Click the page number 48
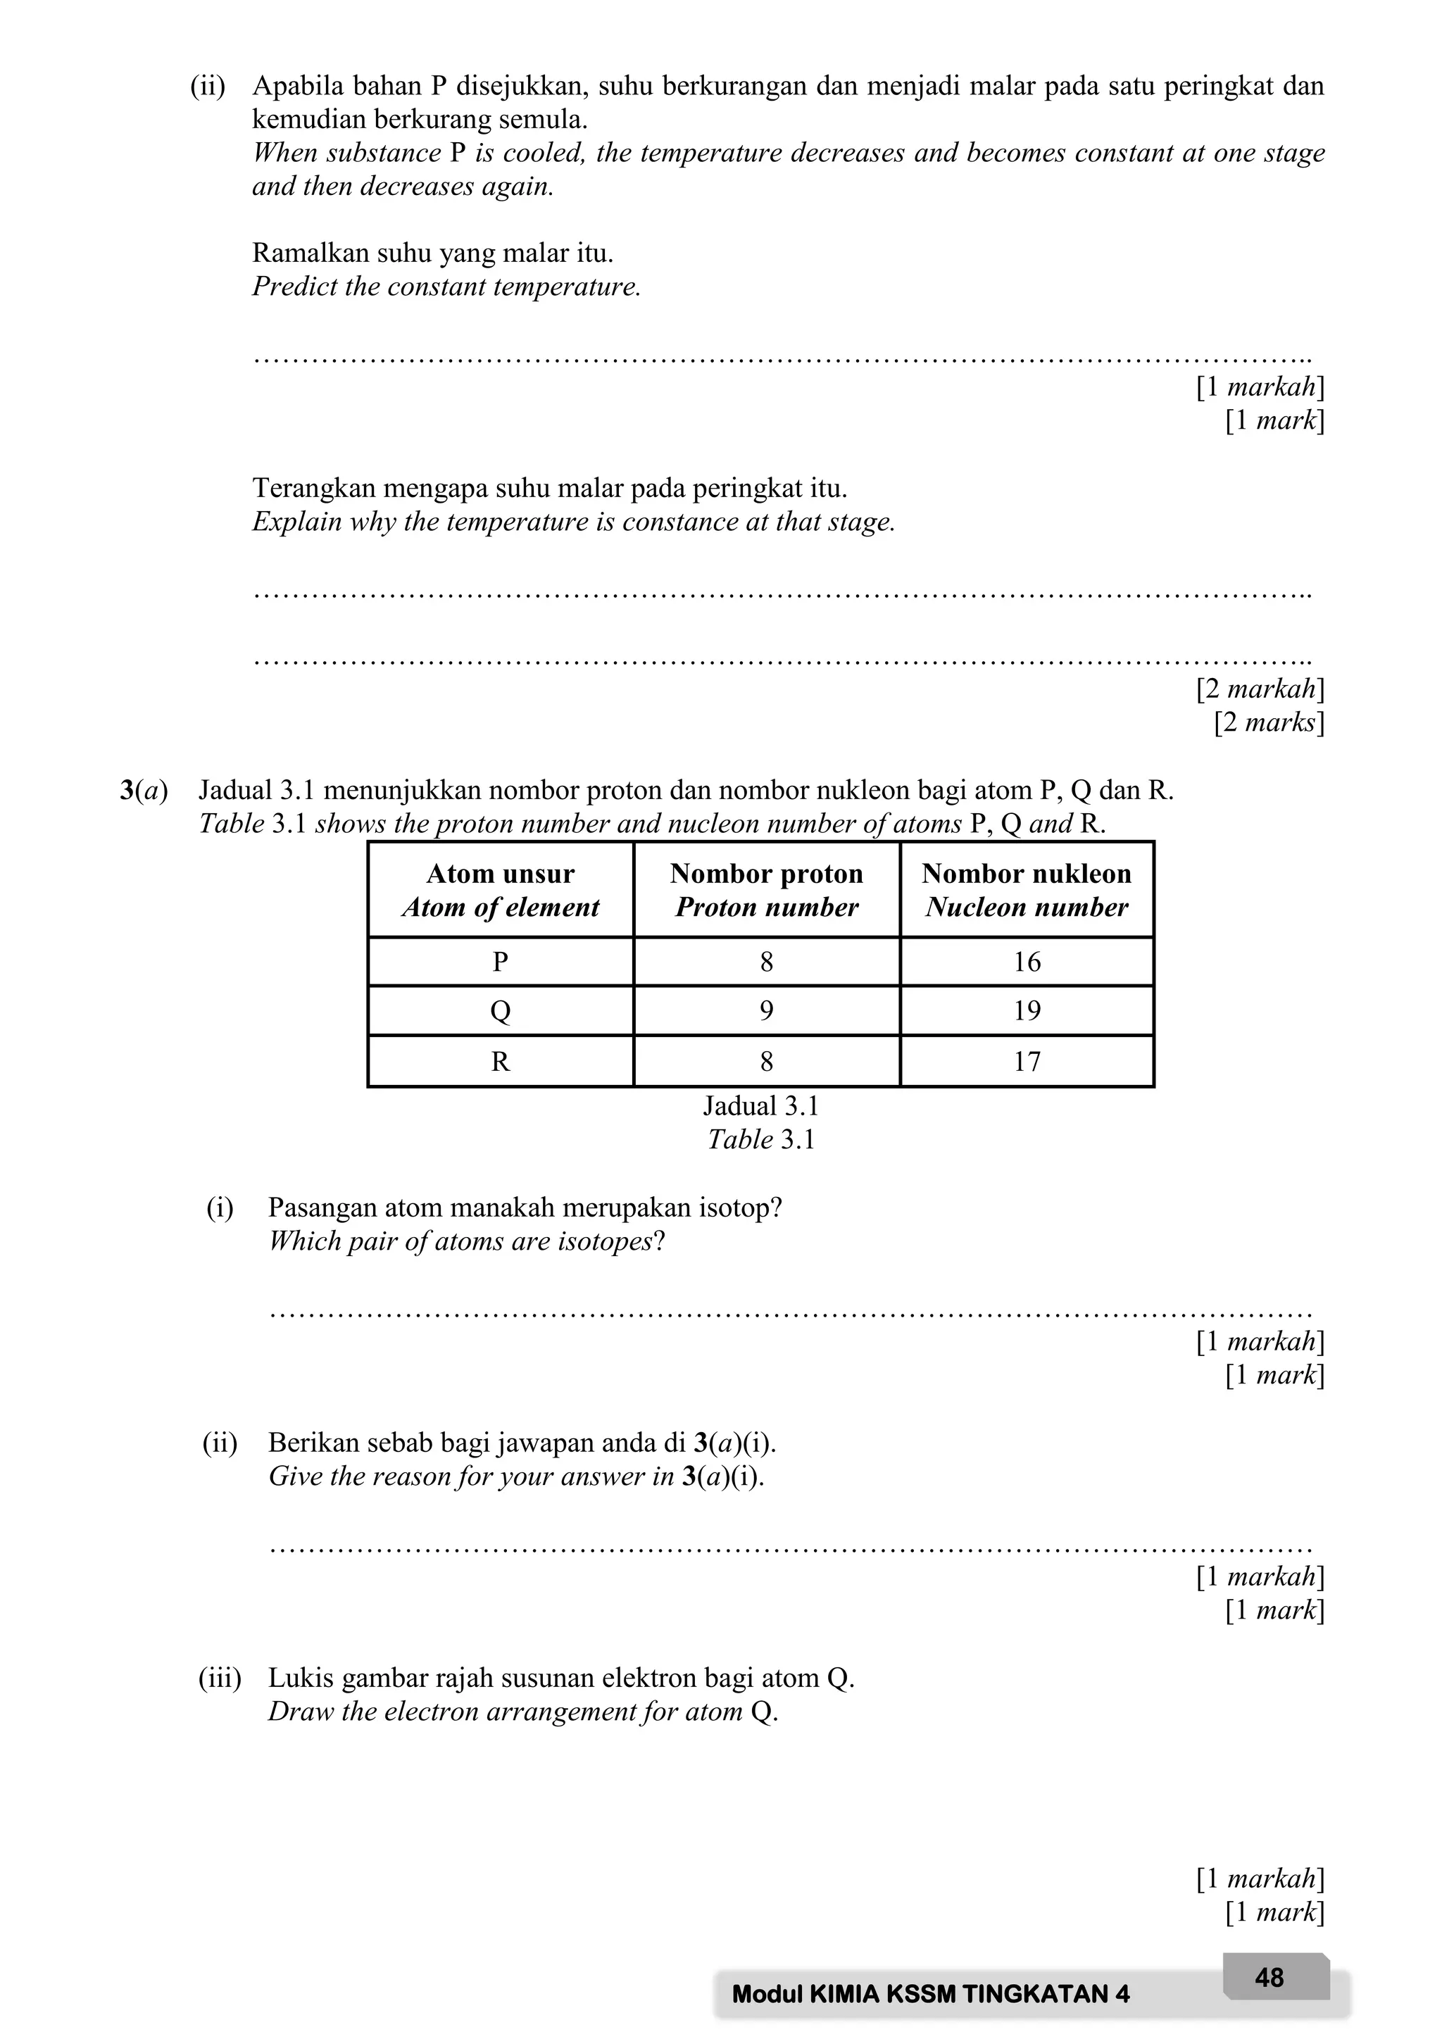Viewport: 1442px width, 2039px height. (1269, 1978)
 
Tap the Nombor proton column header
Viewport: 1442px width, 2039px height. (766, 889)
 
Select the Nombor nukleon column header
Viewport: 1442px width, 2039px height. (1027, 889)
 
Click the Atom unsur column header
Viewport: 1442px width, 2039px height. (500, 889)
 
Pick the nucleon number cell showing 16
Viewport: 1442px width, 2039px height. (1027, 962)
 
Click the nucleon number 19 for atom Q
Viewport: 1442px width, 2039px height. (1027, 1010)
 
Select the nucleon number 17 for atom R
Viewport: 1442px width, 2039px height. (1027, 1061)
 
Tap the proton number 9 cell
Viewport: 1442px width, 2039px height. (766, 1010)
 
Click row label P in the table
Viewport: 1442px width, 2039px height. (500, 962)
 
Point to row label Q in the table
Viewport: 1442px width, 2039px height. (500, 1010)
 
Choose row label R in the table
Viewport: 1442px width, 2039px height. (500, 1061)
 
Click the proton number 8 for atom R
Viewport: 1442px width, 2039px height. (766, 1061)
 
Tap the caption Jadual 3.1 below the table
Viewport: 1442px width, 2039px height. (761, 1107)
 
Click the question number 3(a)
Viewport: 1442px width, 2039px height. (144, 791)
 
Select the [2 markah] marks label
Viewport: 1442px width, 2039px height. (1259, 689)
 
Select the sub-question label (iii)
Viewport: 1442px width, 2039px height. (219, 1679)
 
